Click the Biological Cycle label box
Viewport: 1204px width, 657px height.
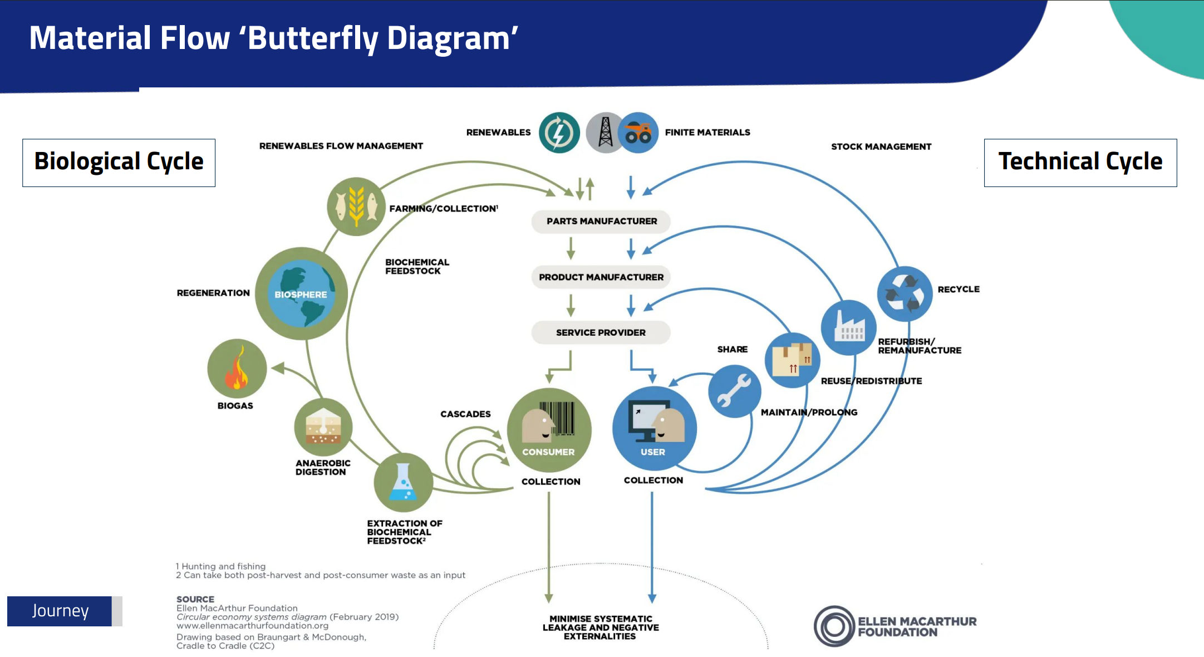coord(119,163)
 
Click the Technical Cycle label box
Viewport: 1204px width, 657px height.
coord(1080,163)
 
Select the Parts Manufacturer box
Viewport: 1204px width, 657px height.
coord(601,221)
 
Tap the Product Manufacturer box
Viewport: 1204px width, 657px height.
coord(601,277)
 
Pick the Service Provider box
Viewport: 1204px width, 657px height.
coord(601,332)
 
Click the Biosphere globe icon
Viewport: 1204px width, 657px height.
coord(301,293)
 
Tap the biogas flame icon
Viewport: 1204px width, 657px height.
coord(237,369)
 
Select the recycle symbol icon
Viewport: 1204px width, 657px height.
coord(905,293)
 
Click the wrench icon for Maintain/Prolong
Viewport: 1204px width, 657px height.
coord(734,391)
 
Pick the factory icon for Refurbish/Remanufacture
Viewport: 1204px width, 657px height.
coord(849,327)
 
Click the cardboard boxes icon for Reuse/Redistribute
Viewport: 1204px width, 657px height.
coord(793,360)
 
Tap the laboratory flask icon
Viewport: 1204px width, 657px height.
coord(403,482)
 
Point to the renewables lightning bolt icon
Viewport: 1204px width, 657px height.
coord(559,133)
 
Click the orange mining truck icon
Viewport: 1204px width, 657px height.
coord(638,133)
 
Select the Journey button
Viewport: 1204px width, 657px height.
coord(60,611)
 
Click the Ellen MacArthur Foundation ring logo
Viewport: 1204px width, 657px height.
coord(834,626)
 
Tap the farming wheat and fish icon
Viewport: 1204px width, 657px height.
coord(356,207)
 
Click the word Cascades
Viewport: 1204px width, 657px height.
coord(465,414)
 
